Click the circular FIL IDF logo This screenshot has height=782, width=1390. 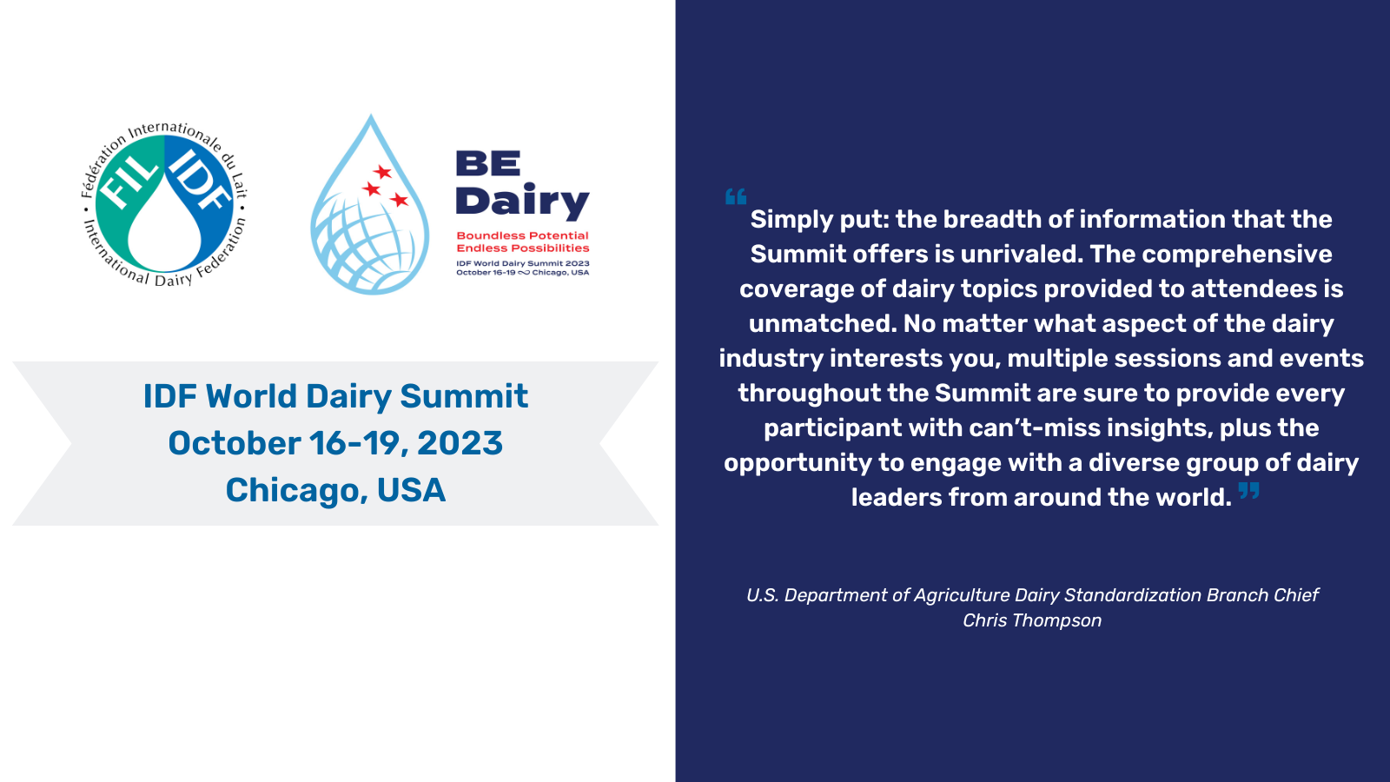click(164, 205)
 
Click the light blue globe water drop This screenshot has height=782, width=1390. click(370, 204)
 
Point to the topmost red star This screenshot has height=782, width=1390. click(381, 171)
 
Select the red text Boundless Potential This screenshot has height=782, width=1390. click(522, 235)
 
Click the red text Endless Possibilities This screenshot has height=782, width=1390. click(522, 249)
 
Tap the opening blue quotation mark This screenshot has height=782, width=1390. click(735, 196)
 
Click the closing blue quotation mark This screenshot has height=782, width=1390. click(1249, 490)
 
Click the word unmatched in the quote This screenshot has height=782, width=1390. click(822, 323)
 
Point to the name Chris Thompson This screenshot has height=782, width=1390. click(1032, 620)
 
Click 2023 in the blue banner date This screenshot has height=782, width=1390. click(460, 443)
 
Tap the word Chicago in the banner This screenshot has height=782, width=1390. click(292, 490)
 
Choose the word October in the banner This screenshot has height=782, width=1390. click(235, 443)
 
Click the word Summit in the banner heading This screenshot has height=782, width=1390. click(464, 396)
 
